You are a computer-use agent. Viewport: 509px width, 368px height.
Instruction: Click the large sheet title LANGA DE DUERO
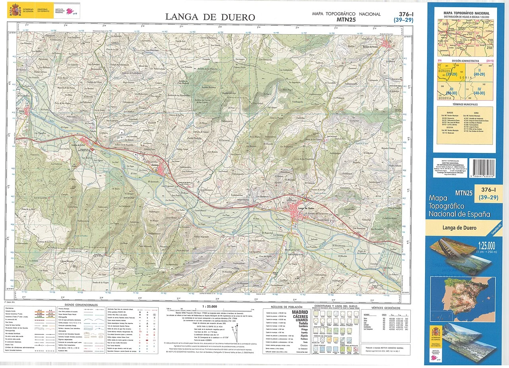tap(210, 17)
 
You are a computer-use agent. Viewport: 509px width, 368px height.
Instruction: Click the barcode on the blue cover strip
tap(482, 168)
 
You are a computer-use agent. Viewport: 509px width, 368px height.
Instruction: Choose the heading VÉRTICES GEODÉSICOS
tap(386, 308)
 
